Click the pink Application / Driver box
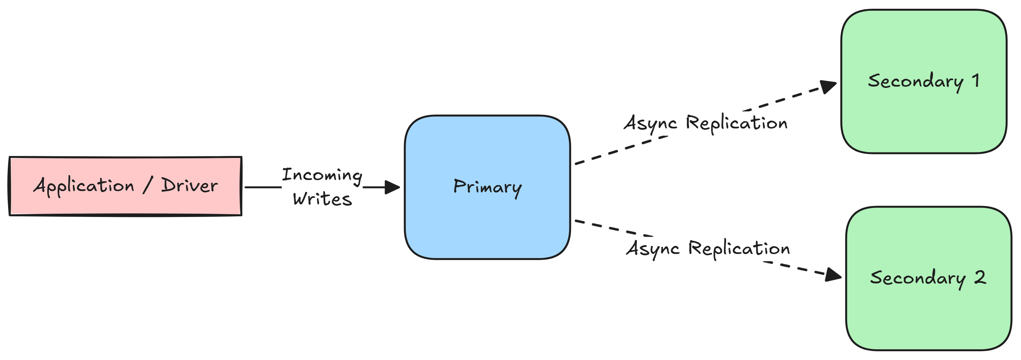click(x=125, y=206)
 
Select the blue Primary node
click(x=487, y=230)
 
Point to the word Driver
click(x=189, y=186)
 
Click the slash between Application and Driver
click(x=148, y=185)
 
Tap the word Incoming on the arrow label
click(x=322, y=175)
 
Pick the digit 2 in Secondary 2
click(x=980, y=278)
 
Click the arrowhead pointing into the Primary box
click(x=392, y=187)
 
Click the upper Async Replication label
click(x=706, y=123)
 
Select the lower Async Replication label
click(x=708, y=248)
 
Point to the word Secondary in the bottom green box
click(x=918, y=278)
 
